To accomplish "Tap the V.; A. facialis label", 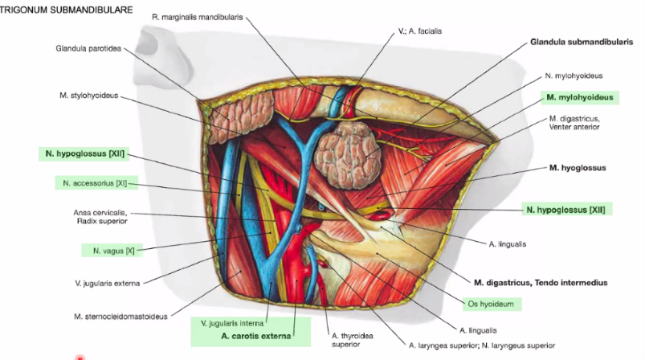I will [x=420, y=31].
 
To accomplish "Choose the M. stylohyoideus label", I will [x=88, y=96].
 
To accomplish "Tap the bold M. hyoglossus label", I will [x=578, y=168].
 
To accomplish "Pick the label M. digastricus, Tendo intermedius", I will [x=541, y=283].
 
